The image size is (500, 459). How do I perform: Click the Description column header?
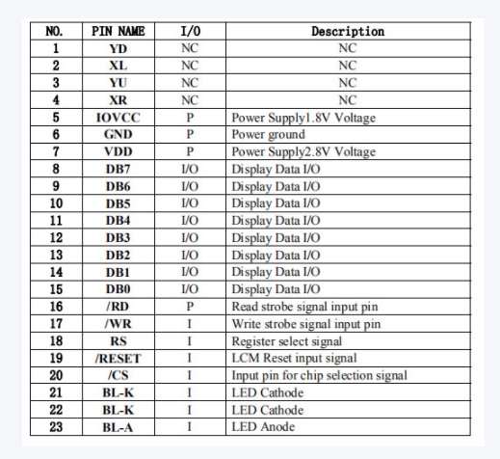pos(347,31)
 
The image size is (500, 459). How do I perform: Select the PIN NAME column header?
pos(118,31)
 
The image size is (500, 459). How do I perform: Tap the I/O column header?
pos(190,31)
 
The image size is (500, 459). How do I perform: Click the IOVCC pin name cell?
pos(118,118)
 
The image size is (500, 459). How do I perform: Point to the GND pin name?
pos(118,135)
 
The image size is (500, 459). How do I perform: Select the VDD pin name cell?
pos(118,152)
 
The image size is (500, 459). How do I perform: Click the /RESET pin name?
pos(118,358)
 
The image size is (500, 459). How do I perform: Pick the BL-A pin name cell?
pos(118,426)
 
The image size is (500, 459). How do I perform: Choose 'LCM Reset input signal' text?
pos(290,358)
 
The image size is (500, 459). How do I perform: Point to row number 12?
pos(56,237)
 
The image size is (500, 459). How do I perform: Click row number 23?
pos(56,426)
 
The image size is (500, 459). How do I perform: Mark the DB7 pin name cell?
pos(118,170)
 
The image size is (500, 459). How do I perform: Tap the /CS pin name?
pos(118,375)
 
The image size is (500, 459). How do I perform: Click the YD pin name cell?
pos(118,48)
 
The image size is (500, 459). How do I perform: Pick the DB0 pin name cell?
pos(118,288)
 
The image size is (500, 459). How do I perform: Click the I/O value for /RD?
pos(190,306)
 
